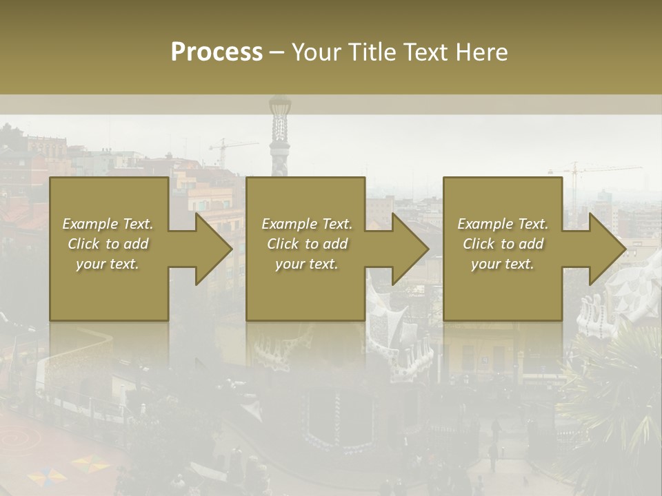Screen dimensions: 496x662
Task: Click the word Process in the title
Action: coord(217,52)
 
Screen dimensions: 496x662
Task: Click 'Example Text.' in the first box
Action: coord(108,224)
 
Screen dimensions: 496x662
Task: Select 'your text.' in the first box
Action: coord(108,264)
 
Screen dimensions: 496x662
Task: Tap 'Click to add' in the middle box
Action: coord(307,244)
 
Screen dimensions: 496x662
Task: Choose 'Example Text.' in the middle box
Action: coord(307,224)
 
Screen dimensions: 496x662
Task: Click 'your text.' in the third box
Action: coord(503,264)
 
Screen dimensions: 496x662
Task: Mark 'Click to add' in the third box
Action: coord(503,244)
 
